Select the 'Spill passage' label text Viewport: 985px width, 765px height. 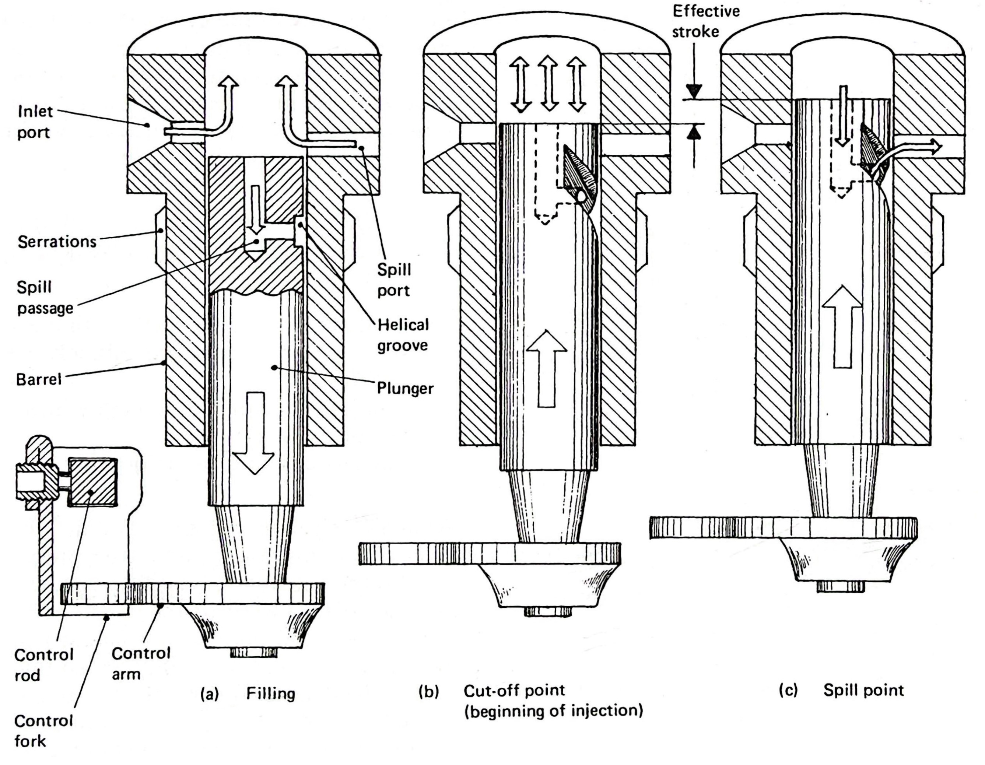pos(45,298)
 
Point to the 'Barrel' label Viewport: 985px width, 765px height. pos(39,379)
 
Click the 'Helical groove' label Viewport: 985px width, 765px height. pos(403,335)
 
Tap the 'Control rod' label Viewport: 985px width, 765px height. pos(43,664)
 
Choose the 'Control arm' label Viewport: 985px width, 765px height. pos(141,663)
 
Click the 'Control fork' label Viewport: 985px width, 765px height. pos(43,731)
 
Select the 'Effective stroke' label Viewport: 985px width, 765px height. pos(706,21)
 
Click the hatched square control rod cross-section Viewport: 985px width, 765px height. pos(92,482)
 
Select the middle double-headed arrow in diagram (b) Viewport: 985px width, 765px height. pos(548,84)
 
